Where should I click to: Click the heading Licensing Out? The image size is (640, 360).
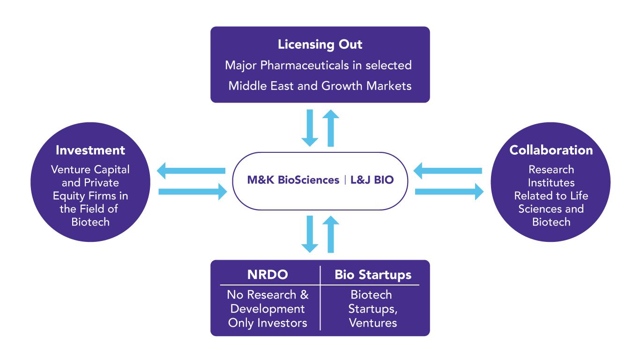coord(320,45)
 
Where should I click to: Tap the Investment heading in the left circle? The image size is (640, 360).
coord(90,150)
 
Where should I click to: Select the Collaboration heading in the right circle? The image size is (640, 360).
coord(551,150)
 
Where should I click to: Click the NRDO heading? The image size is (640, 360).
coord(268,275)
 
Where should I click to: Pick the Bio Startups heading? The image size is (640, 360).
coord(373,275)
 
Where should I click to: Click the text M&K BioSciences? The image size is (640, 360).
coord(293,180)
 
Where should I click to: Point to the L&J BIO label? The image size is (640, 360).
coord(372,180)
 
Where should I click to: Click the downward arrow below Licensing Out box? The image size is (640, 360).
coord(310,128)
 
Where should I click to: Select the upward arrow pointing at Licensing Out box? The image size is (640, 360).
coord(331,128)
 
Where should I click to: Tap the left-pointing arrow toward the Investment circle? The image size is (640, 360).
coord(191,171)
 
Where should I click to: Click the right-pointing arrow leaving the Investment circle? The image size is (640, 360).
coord(193,192)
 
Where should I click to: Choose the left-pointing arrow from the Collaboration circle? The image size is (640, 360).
coord(448,171)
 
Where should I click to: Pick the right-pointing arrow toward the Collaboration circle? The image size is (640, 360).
coord(449,192)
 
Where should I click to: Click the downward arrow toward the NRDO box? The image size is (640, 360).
coord(310,234)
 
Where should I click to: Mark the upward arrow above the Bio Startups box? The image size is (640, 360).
coord(331,234)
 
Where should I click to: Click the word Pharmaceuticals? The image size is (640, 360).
coord(305,66)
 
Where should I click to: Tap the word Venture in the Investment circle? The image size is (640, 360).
coord(71,170)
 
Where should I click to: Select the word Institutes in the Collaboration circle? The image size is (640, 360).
coord(551,183)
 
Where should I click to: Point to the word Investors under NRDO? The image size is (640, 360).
coord(283,323)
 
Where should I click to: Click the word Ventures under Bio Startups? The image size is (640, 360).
coord(373,323)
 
